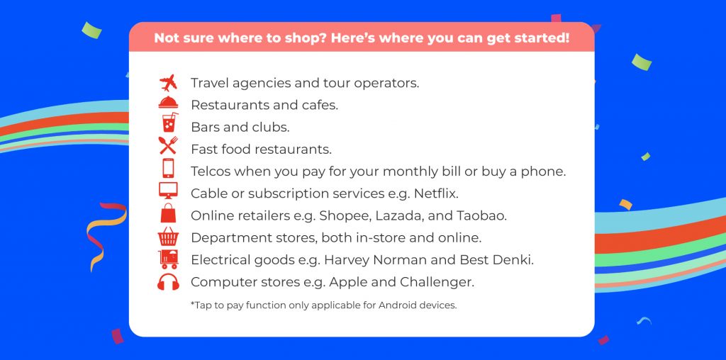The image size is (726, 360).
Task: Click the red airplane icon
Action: (168, 83)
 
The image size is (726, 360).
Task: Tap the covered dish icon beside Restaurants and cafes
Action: (168, 103)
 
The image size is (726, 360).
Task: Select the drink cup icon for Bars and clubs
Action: (169, 123)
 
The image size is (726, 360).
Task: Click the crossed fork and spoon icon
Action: (168, 146)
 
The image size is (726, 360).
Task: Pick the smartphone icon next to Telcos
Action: (168, 168)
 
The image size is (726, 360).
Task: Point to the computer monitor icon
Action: (168, 190)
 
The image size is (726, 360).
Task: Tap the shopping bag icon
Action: (168, 213)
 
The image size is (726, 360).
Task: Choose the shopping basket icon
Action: (168, 236)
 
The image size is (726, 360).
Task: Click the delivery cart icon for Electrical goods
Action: (168, 259)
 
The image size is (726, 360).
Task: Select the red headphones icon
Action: (168, 282)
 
